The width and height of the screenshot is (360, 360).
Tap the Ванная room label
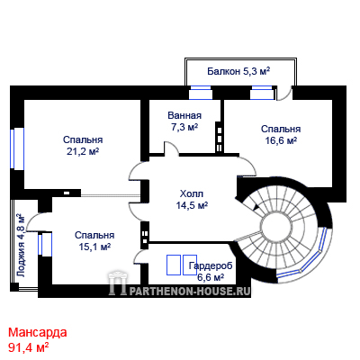[x=184, y=115]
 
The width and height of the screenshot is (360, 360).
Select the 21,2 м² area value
[x=83, y=152]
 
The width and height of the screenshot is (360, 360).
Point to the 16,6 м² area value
[x=281, y=140]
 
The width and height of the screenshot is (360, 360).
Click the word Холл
[x=192, y=193]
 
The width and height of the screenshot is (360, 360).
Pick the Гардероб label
[x=211, y=265]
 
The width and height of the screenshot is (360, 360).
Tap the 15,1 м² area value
[x=94, y=247]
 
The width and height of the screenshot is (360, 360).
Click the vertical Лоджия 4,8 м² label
[x=21, y=246]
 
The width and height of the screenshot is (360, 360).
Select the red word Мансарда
[x=38, y=332]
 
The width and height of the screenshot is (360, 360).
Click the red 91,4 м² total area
[x=29, y=347]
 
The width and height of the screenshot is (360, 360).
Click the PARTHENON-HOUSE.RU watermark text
[x=191, y=291]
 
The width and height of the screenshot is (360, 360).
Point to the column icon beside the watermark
[x=118, y=283]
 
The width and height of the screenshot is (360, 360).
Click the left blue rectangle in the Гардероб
[x=174, y=265]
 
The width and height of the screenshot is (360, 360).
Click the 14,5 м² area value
[x=192, y=205]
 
